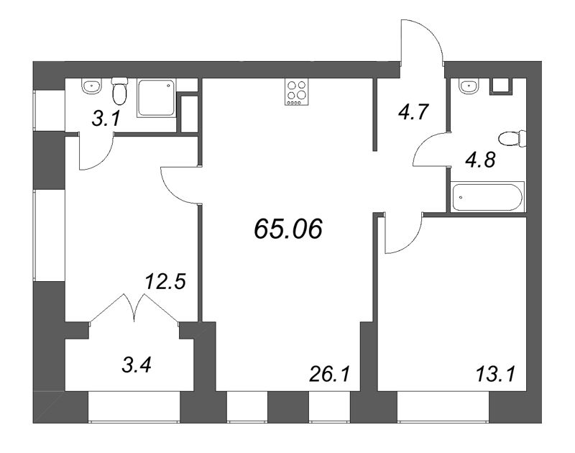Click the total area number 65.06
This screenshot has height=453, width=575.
point(288,229)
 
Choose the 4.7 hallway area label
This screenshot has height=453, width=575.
point(415,112)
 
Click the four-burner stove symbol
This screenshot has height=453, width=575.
point(294,92)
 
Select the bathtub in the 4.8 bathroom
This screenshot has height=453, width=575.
point(488,197)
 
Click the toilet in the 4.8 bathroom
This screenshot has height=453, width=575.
point(515,138)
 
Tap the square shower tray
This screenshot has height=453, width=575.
point(156,100)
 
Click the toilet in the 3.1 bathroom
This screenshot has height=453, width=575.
point(119,91)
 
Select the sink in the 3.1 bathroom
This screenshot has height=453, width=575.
point(90,88)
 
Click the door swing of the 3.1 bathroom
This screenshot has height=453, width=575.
point(96,153)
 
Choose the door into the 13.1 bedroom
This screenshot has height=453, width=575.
point(400,234)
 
